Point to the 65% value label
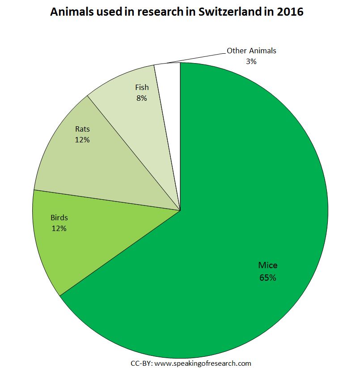268,278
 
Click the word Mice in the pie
268,265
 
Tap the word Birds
59,218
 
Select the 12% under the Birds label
59,229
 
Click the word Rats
82,129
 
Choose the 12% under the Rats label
82,140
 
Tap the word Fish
142,87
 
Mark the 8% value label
142,98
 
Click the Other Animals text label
251,51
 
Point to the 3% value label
251,61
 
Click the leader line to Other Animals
197,58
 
